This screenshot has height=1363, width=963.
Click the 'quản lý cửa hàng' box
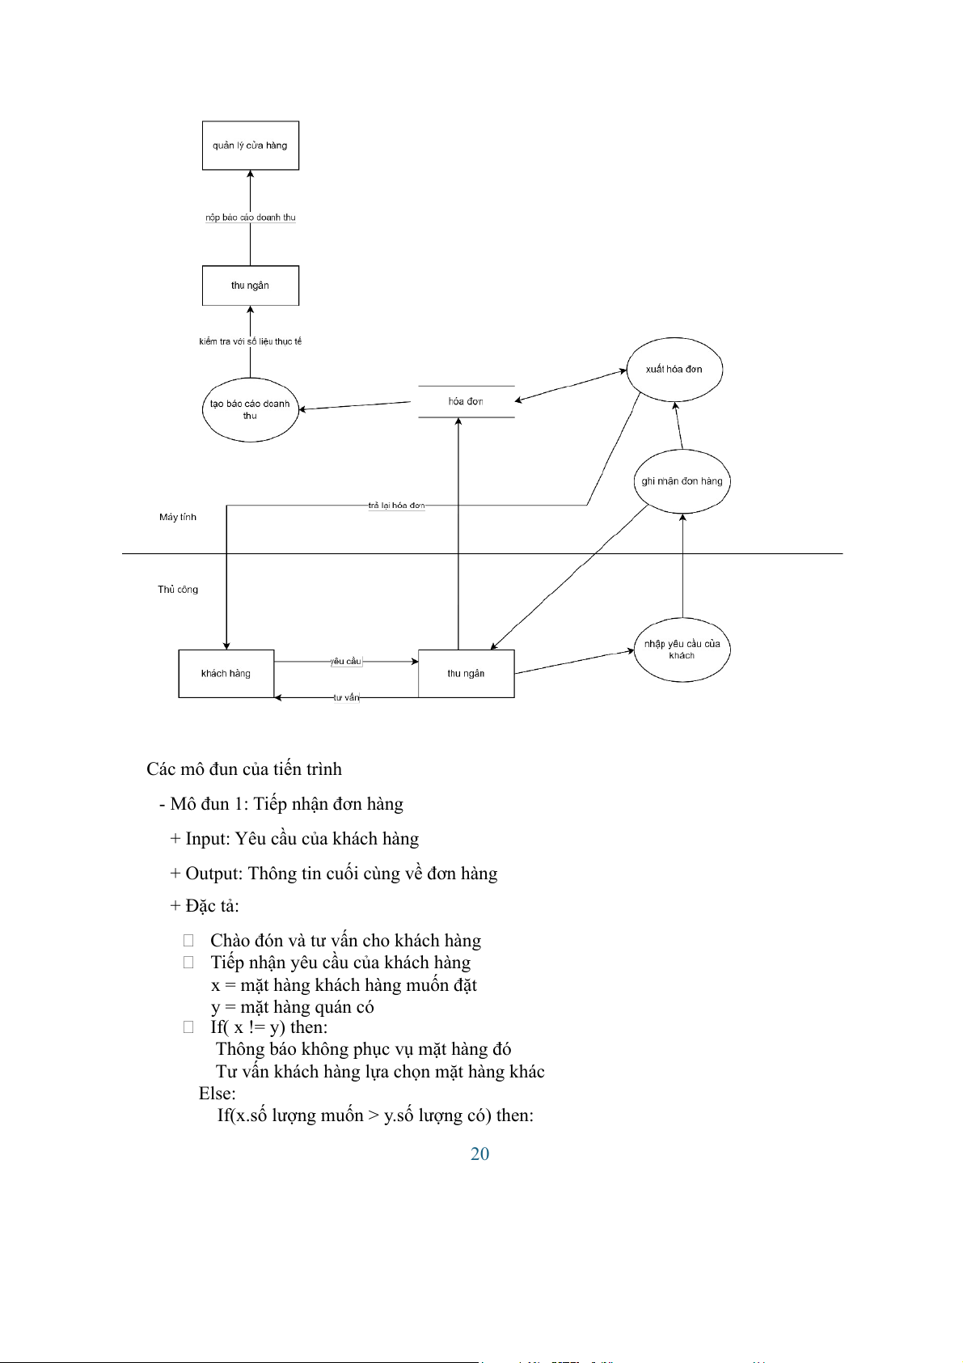[250, 146]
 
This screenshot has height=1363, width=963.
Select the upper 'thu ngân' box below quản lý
[250, 286]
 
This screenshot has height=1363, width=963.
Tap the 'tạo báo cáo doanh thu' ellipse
[250, 409]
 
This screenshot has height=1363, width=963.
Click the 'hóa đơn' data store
[466, 401]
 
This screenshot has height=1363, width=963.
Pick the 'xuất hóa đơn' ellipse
[674, 370]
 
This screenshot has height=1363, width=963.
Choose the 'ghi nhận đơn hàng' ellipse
[682, 481]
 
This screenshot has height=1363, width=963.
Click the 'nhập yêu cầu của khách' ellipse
[682, 650]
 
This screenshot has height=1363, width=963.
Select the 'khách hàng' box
[226, 673]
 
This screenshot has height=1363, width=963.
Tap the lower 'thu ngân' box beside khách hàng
[466, 673]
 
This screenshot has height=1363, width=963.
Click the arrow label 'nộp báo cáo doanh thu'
[250, 218]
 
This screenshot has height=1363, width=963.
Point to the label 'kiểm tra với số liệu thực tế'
[250, 341]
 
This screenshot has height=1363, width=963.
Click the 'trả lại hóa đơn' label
[396, 506]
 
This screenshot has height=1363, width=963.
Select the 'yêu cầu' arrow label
[346, 662]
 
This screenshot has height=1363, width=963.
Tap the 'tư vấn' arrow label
[346, 697]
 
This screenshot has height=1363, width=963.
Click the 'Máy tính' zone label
[178, 517]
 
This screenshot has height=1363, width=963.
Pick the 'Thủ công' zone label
[178, 590]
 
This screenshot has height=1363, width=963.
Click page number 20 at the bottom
[479, 1154]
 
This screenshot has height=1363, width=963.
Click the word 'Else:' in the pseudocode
[218, 1094]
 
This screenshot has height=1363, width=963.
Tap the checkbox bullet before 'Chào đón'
[188, 940]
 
